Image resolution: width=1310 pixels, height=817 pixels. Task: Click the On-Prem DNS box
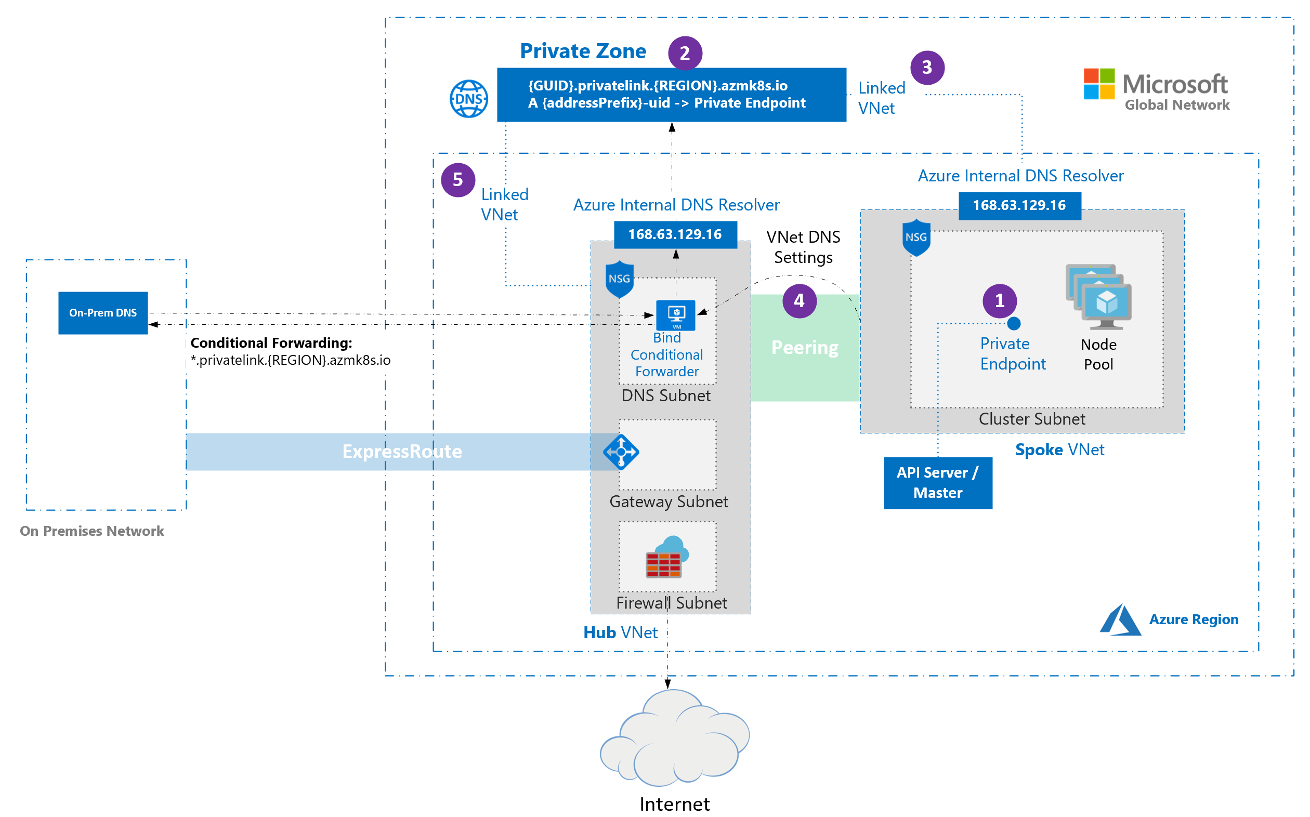103,313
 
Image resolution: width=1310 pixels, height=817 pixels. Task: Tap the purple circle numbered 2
685,53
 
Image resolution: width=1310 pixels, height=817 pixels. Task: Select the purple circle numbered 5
458,180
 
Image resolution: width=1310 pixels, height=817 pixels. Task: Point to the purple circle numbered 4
800,301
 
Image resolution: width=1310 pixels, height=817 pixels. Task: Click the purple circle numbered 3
927,68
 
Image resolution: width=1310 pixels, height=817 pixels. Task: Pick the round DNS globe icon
468,99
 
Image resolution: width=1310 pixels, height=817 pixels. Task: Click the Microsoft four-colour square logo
1099,84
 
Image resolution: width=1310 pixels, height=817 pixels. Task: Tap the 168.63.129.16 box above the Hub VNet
675,234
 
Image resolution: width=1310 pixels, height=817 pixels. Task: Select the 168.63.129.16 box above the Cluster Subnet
1019,206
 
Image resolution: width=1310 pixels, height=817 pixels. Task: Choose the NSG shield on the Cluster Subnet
916,238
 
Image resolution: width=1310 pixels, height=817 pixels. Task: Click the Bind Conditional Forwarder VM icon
676,314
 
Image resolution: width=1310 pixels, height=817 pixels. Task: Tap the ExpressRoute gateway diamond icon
621,452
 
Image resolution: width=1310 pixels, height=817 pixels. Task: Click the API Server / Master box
938,482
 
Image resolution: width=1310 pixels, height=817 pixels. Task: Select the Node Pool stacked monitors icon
1098,296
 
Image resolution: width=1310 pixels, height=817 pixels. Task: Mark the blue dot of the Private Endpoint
1014,324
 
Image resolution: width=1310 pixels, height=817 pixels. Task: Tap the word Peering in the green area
805,348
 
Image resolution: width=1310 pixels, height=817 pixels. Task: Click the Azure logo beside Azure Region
1120,620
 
